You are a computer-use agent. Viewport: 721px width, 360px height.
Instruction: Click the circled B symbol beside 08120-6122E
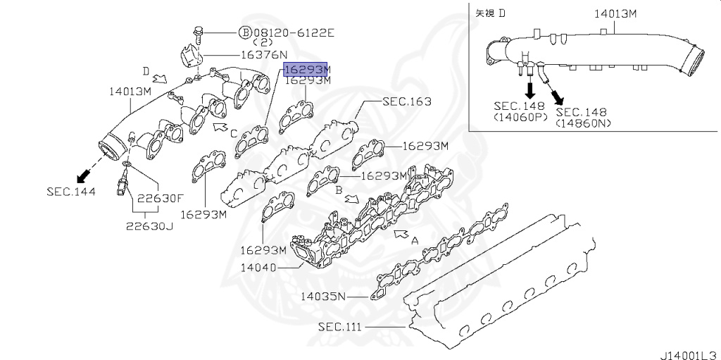point(246,32)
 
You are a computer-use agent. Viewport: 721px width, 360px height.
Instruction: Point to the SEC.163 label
point(407,101)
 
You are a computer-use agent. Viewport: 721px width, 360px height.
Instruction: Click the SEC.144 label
point(71,191)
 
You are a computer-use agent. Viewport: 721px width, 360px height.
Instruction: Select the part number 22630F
point(161,199)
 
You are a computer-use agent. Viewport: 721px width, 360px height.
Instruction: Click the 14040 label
point(259,267)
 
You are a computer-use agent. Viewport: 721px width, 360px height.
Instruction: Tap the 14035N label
point(322,296)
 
